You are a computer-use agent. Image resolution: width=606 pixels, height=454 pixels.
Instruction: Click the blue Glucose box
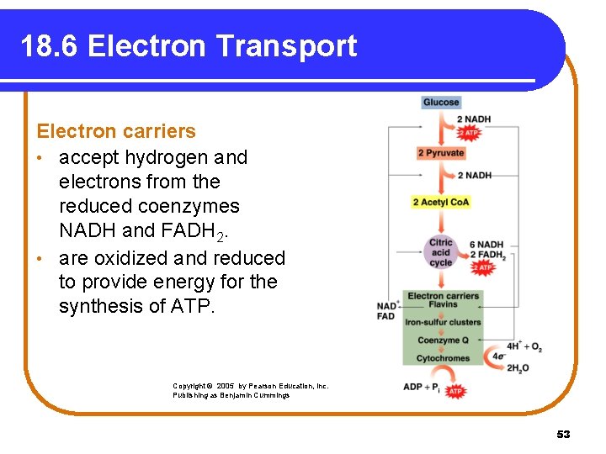(440, 103)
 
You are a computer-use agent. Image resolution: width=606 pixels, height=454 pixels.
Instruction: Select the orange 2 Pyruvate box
(441, 153)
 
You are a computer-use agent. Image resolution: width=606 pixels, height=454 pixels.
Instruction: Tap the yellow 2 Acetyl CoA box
(441, 202)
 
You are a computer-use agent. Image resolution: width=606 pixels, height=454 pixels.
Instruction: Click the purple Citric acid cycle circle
(441, 251)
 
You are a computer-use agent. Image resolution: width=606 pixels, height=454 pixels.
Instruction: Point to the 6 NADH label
(486, 245)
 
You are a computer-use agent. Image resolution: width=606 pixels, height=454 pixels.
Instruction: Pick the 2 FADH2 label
(487, 256)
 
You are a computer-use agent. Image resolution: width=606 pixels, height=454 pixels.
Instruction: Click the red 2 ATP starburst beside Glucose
(469, 133)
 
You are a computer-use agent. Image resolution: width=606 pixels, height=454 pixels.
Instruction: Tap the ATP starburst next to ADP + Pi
(454, 391)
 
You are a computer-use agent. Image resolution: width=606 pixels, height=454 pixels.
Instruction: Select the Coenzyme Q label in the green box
(443, 340)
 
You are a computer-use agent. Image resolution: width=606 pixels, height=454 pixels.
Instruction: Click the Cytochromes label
(443, 358)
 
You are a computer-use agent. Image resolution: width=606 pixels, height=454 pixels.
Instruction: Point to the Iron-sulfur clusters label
(443, 322)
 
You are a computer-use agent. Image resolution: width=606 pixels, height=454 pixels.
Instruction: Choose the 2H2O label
(518, 369)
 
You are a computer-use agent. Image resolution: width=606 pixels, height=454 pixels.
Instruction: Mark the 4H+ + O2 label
(524, 346)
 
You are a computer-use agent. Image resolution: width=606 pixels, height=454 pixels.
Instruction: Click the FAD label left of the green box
(385, 316)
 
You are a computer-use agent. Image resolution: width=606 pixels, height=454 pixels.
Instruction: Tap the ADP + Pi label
(421, 387)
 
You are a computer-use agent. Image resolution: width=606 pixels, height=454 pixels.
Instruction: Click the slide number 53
(563, 434)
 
